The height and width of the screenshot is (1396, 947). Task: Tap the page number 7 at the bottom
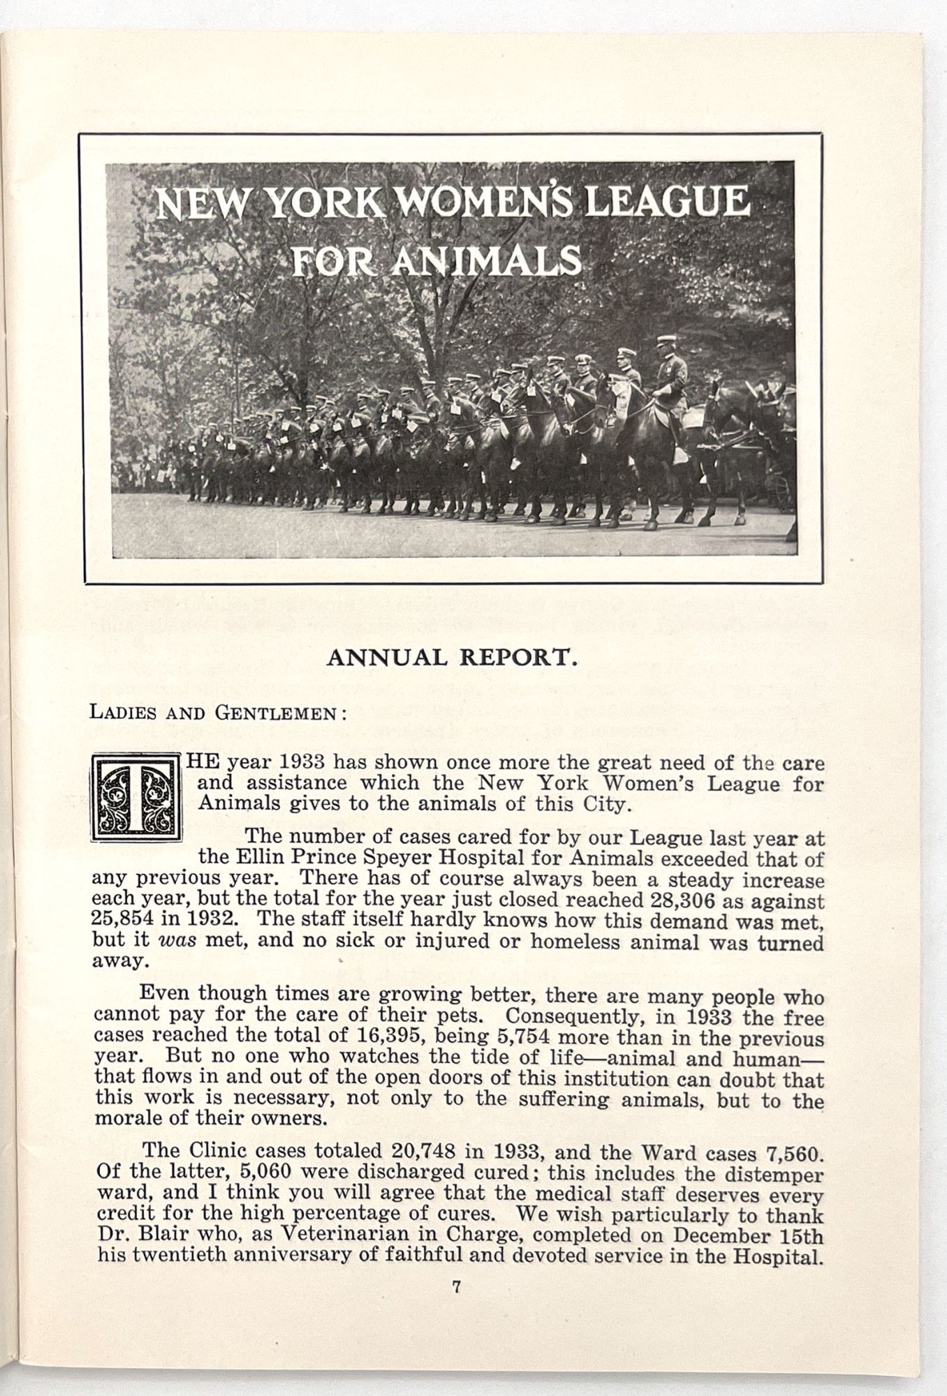click(x=455, y=1289)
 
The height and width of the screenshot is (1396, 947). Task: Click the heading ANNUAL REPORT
click(x=452, y=658)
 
